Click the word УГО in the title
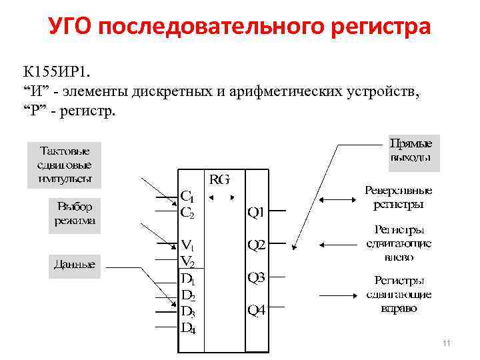(72, 28)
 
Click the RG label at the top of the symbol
(220, 179)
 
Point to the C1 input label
(188, 197)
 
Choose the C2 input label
(188, 213)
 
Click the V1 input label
(188, 245)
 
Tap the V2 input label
(188, 261)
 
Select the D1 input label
(188, 277)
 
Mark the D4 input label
(188, 327)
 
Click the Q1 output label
(257, 213)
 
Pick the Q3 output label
(257, 277)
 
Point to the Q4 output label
(257, 310)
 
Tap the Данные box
(74, 265)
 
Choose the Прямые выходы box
(410, 151)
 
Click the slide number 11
(447, 343)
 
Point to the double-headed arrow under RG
(220, 197)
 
